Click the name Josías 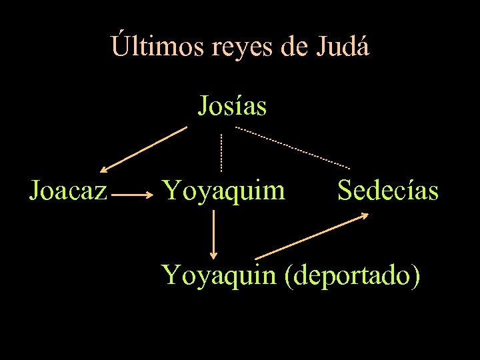[232, 105]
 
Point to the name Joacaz [68, 191]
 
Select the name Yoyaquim [225, 191]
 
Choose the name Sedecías [388, 191]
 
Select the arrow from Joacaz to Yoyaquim [133, 195]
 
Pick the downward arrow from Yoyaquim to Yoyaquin [213, 233]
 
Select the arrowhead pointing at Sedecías [365, 215]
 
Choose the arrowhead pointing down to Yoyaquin [213, 253]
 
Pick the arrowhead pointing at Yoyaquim [151, 195]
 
